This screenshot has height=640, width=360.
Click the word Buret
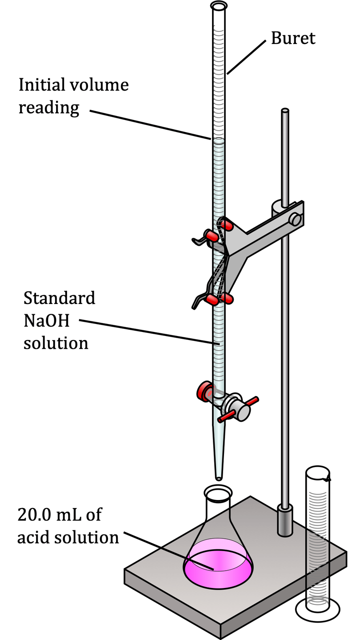pos(293,39)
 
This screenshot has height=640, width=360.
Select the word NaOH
pos(46,320)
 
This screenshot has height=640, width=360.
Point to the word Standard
pos(59,298)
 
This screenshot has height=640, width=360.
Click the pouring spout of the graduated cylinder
pos(328,479)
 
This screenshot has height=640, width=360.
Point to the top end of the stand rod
pos(285,111)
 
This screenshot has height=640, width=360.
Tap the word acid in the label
pos(31,537)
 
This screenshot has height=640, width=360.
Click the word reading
pos(48,108)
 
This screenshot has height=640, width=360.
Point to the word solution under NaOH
pos(56,343)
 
